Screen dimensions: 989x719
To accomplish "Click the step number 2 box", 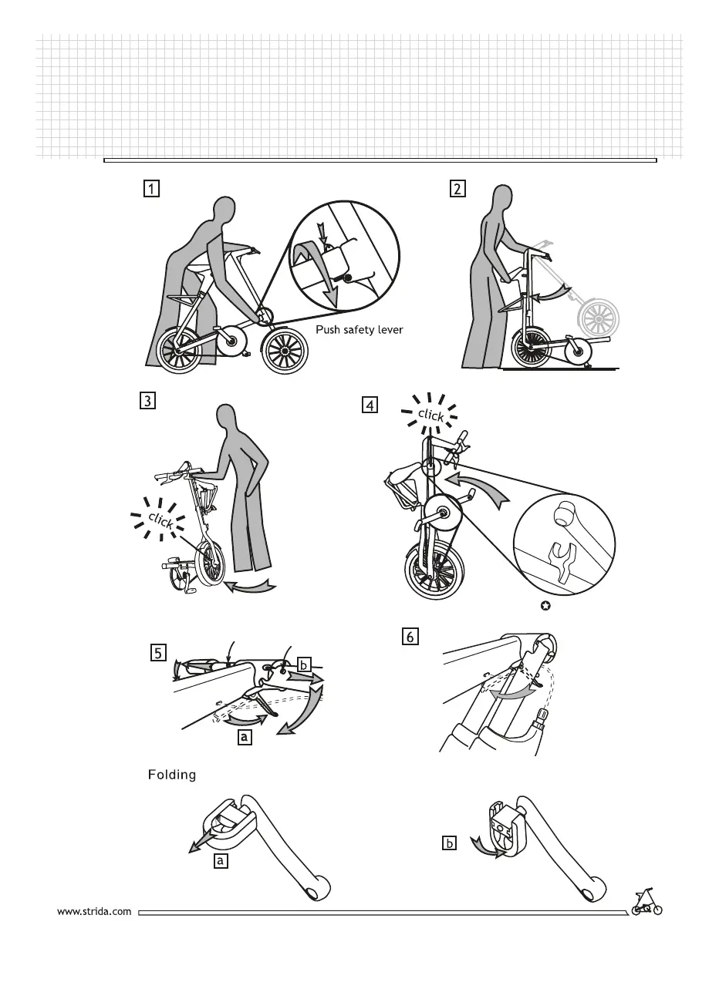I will pos(458,189).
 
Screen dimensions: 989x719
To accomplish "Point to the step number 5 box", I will pos(157,654).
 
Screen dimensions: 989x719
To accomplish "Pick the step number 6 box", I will pos(410,636).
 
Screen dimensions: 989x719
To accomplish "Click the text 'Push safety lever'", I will pos(359,330).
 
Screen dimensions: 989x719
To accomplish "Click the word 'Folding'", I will pos(172,775).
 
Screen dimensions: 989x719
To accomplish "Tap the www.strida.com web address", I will pos(95,911).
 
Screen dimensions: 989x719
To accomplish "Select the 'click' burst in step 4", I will pos(431,415).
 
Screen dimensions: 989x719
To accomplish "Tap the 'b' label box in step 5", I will pos(304,664).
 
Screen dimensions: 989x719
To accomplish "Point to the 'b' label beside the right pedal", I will pos(450,843).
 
